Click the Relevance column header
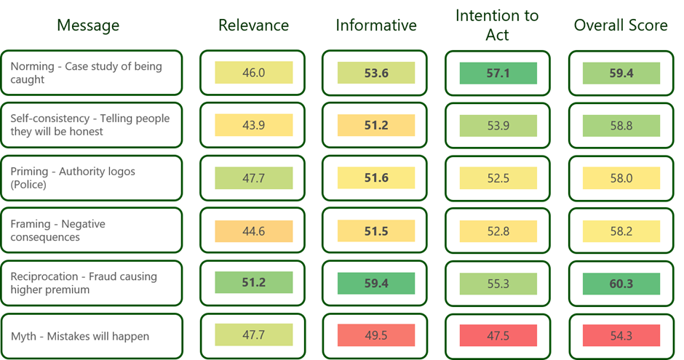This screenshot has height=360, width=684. click(x=253, y=25)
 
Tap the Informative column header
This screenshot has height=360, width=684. click(x=376, y=25)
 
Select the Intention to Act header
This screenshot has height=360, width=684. click(x=497, y=25)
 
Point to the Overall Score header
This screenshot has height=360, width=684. click(x=621, y=25)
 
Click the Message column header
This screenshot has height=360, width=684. click(x=88, y=25)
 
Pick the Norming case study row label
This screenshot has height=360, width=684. click(x=86, y=73)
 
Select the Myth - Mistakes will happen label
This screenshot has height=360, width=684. click(x=80, y=337)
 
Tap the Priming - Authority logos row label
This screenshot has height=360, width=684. click(x=73, y=178)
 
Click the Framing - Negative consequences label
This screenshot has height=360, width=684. click(x=57, y=231)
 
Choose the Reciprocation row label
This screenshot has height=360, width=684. click(x=84, y=283)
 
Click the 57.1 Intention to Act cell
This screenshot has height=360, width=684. click(x=498, y=73)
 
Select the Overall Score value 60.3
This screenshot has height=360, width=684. click(x=621, y=284)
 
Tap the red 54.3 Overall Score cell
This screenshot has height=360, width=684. click(x=621, y=335)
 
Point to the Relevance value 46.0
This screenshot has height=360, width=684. click(x=253, y=72)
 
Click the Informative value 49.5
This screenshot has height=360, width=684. click(x=376, y=335)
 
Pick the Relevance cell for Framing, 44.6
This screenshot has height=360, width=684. click(x=253, y=231)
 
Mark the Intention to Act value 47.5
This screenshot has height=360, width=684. click(x=498, y=335)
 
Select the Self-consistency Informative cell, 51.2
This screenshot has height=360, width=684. click(x=376, y=125)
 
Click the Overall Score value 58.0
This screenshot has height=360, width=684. click(x=621, y=178)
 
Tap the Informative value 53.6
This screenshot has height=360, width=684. click(x=376, y=73)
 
